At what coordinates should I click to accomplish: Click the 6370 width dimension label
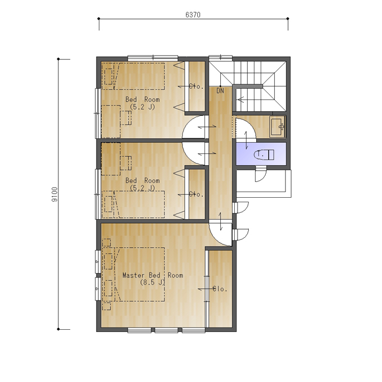coord(193,15)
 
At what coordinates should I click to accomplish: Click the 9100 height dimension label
coord(55,194)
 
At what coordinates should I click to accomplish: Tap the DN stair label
coord(220,91)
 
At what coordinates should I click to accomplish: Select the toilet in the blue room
coord(264,154)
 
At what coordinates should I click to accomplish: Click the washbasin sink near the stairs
coord(278,127)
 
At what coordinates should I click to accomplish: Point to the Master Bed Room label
coord(153,275)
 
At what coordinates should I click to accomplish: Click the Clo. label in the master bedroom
coord(220,289)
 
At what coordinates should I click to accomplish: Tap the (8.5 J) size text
coord(152,283)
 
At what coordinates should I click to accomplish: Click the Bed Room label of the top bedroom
coord(143,99)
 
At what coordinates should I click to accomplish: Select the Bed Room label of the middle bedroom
coord(143,180)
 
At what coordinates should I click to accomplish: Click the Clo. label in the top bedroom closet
coord(196,87)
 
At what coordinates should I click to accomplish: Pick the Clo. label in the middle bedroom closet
coord(196,194)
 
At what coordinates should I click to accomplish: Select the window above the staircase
coord(220,57)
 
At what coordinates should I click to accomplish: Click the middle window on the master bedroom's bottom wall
coord(166,330)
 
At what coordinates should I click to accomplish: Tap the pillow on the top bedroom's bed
coord(108,76)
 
